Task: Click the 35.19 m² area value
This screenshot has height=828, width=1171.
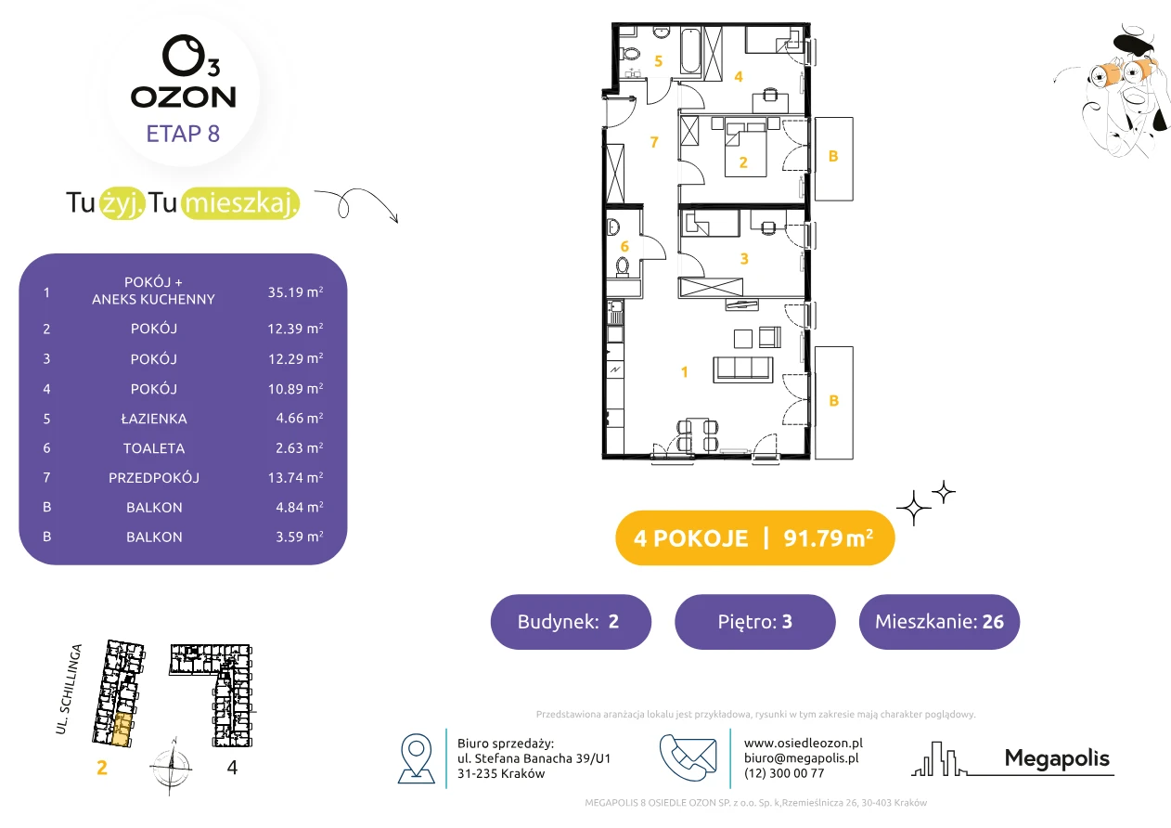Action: pyautogui.click(x=295, y=291)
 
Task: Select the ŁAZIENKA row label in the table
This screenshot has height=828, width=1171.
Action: pyautogui.click(x=154, y=419)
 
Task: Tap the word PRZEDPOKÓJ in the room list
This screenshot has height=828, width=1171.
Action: pyautogui.click(x=154, y=477)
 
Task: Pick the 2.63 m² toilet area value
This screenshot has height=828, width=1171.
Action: pyautogui.click(x=299, y=448)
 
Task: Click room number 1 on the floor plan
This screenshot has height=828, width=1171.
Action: pyautogui.click(x=684, y=372)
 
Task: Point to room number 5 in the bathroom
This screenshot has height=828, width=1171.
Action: pyautogui.click(x=658, y=61)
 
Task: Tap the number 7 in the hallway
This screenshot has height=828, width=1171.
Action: pyautogui.click(x=654, y=142)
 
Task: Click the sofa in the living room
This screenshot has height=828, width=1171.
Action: pyautogui.click(x=743, y=369)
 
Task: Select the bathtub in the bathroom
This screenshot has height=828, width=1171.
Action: pyautogui.click(x=690, y=51)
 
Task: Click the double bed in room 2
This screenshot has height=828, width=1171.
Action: pyautogui.click(x=745, y=149)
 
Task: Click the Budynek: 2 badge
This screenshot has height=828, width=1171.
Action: pyautogui.click(x=571, y=622)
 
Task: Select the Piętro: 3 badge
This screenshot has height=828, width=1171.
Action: pyautogui.click(x=755, y=622)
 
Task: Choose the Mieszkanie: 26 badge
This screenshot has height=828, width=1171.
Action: pyautogui.click(x=939, y=622)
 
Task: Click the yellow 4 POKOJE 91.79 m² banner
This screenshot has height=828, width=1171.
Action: pyautogui.click(x=755, y=537)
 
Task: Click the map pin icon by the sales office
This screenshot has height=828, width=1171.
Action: pyautogui.click(x=416, y=757)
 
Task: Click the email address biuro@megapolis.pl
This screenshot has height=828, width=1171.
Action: pyautogui.click(x=801, y=757)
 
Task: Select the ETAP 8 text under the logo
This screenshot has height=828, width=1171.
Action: pyautogui.click(x=183, y=134)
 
